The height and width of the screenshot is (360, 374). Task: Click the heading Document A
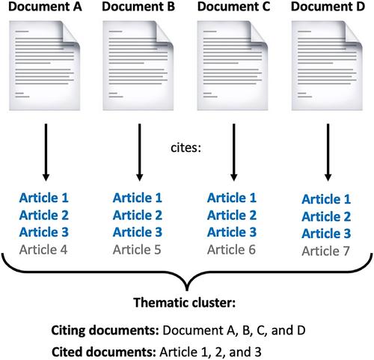(x=45, y=7)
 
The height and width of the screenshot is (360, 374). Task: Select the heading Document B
(x=138, y=7)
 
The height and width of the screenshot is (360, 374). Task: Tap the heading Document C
(x=234, y=7)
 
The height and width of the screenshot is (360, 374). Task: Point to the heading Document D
(x=328, y=7)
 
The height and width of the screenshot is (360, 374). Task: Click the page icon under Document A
(x=45, y=66)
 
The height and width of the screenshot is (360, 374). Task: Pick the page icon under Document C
(x=233, y=66)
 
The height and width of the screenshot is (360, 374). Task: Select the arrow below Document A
(x=46, y=152)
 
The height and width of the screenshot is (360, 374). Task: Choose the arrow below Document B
(x=140, y=152)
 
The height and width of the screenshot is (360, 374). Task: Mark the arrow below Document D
(x=328, y=152)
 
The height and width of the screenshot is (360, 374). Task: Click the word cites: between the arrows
(x=186, y=147)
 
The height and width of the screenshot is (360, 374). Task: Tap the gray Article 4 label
(x=43, y=250)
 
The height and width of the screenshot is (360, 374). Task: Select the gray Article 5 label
(x=137, y=250)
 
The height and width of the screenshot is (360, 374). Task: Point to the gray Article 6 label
(x=231, y=250)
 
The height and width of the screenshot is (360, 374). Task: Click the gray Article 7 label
(x=325, y=251)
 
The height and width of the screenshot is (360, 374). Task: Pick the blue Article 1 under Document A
(x=44, y=198)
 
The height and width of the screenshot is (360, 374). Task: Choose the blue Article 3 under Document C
(x=232, y=232)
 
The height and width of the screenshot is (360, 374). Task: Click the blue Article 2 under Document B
(x=138, y=215)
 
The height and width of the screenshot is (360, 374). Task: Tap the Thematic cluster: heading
(x=185, y=302)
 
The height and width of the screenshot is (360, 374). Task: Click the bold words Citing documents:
(x=105, y=330)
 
